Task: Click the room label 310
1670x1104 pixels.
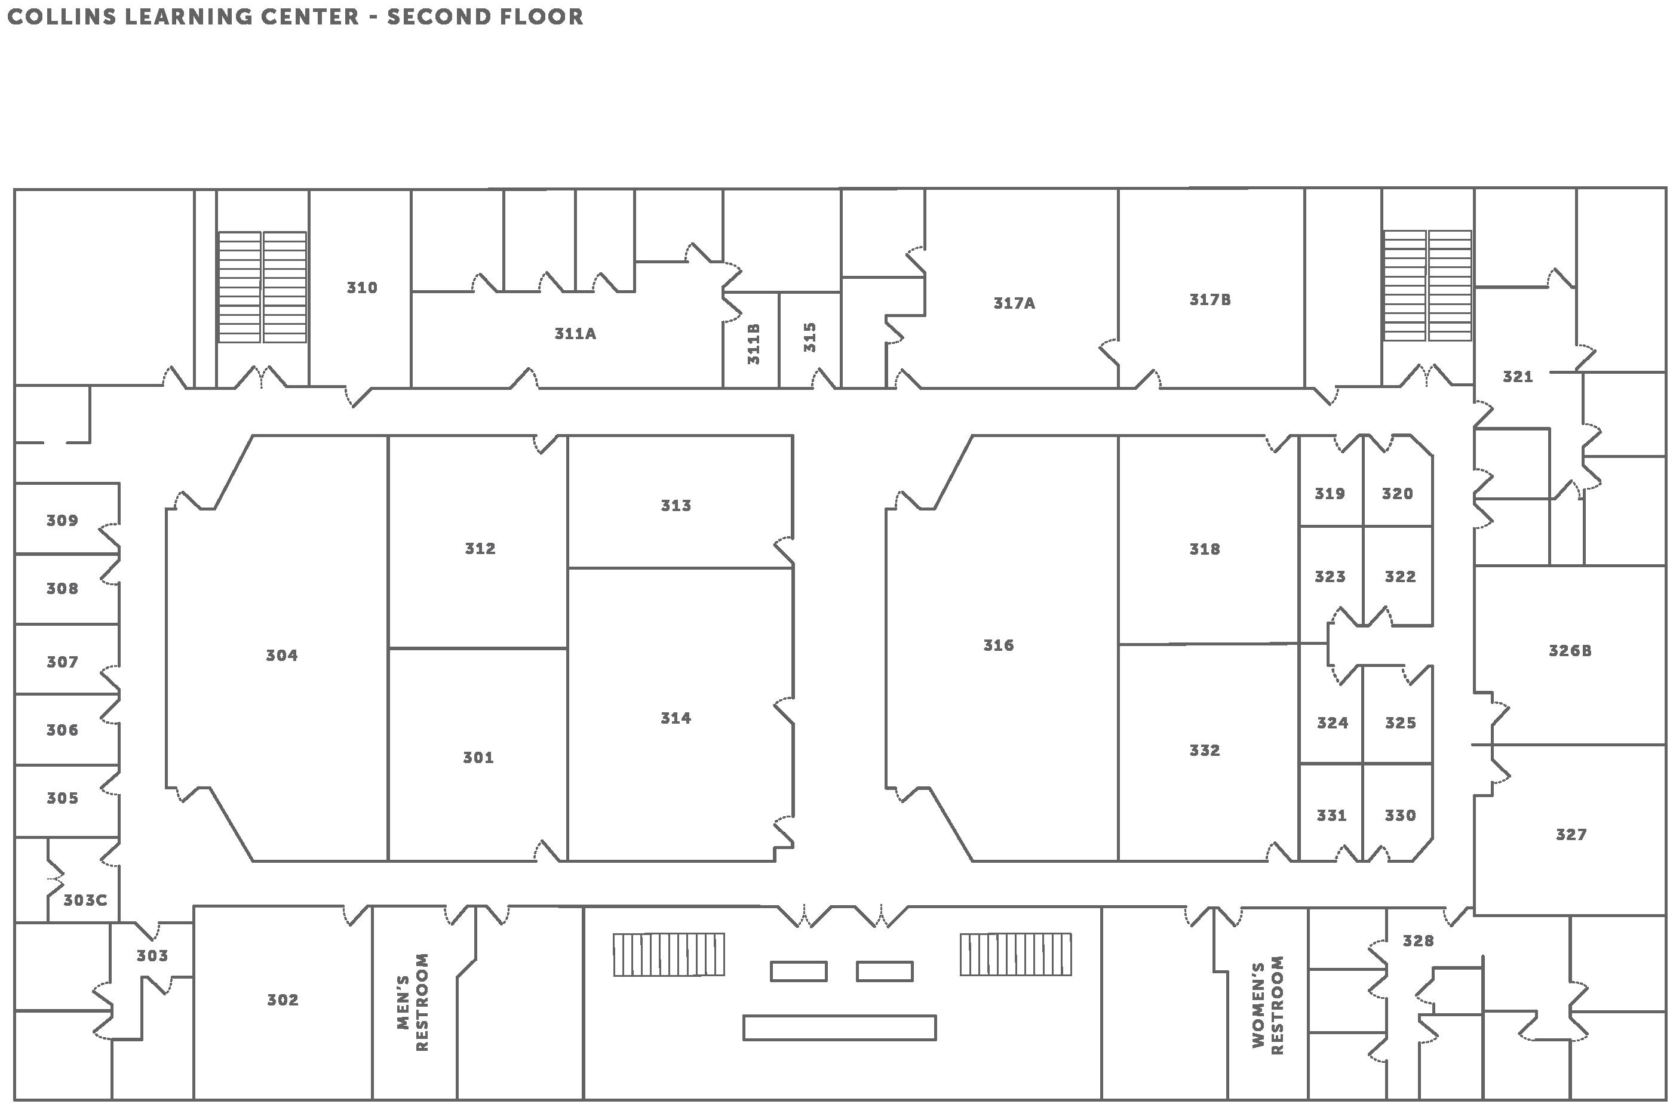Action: pyautogui.click(x=361, y=287)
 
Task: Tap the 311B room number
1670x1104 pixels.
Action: pyautogui.click(x=753, y=343)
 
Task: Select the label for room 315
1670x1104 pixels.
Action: pyautogui.click(x=809, y=337)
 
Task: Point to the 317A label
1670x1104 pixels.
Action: pyautogui.click(x=1014, y=303)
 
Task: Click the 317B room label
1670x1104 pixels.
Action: pyautogui.click(x=1209, y=299)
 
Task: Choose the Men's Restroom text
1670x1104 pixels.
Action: pyautogui.click(x=413, y=1002)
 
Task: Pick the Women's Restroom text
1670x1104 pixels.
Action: pyautogui.click(x=1267, y=1005)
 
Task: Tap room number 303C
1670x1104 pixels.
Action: pyautogui.click(x=85, y=900)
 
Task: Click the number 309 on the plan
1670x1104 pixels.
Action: pyautogui.click(x=62, y=520)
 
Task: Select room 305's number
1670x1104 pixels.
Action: pyautogui.click(x=62, y=798)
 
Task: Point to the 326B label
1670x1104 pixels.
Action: pyautogui.click(x=1569, y=651)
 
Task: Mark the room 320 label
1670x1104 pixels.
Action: pyautogui.click(x=1396, y=494)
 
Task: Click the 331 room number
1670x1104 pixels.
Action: pyautogui.click(x=1331, y=816)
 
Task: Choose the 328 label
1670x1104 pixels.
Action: pyautogui.click(x=1417, y=940)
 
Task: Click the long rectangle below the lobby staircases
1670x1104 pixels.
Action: pyautogui.click(x=839, y=1027)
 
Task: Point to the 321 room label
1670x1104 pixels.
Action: pyautogui.click(x=1517, y=377)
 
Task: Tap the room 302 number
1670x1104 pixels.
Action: pyautogui.click(x=283, y=1000)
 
